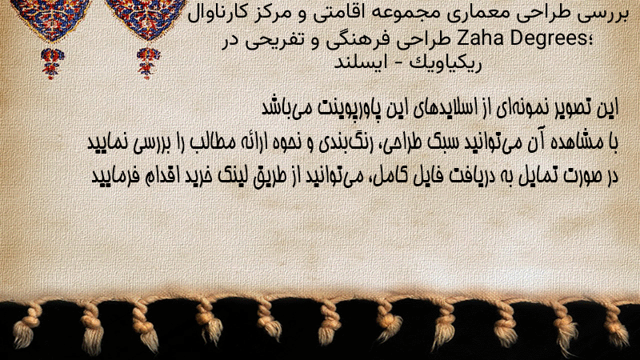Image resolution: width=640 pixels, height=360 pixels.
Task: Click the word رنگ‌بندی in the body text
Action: click(x=342, y=142)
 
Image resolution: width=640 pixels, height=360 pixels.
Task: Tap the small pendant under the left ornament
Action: click(x=52, y=63)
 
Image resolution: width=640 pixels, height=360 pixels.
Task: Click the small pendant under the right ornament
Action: click(x=148, y=63)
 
